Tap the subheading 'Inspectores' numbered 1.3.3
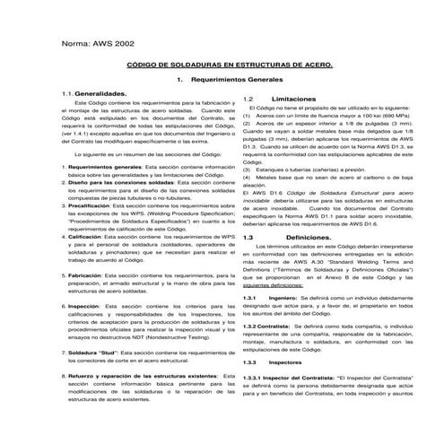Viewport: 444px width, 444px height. (287, 361)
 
